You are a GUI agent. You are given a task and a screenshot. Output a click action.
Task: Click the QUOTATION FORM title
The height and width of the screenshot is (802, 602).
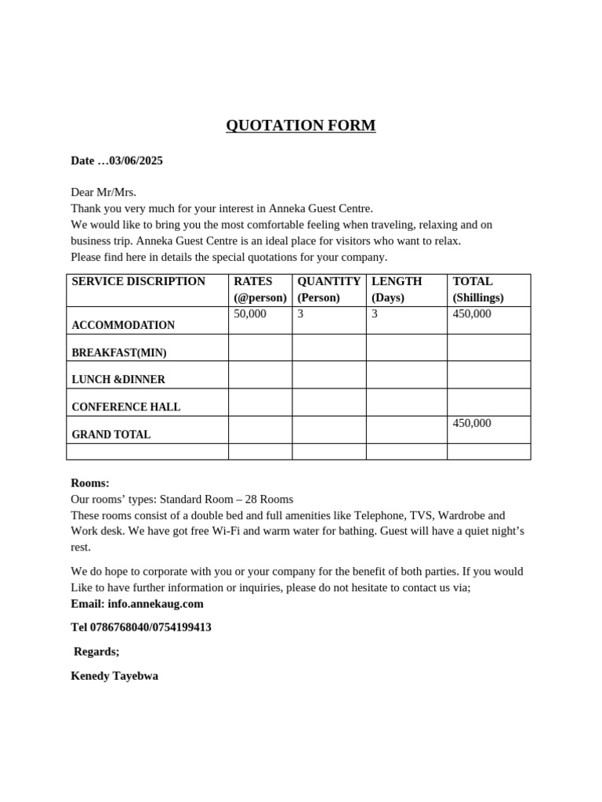click(x=300, y=125)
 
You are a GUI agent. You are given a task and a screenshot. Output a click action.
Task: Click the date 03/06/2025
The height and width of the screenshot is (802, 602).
click(x=136, y=161)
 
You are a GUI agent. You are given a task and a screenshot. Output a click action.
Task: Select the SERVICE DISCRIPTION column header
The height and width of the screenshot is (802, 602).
click(x=138, y=282)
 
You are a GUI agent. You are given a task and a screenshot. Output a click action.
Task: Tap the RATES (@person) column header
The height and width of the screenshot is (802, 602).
click(x=260, y=290)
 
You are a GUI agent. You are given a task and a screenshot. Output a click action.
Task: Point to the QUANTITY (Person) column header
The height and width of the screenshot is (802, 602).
click(x=328, y=290)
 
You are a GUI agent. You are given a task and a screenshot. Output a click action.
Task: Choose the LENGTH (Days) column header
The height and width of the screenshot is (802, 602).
click(x=397, y=290)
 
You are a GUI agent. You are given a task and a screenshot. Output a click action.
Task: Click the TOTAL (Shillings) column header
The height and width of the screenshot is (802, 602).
click(x=478, y=290)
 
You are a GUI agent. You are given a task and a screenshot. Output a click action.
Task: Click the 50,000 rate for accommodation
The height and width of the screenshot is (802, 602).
click(x=250, y=314)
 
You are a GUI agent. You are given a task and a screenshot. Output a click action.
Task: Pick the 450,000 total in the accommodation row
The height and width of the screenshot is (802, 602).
click(x=472, y=314)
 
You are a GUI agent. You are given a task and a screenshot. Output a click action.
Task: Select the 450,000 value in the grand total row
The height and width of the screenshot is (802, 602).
click(x=472, y=424)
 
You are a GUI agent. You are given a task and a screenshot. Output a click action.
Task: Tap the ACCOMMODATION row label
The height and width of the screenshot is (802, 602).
click(x=123, y=325)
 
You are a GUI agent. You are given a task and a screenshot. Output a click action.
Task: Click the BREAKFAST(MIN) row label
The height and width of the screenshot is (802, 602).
click(x=119, y=352)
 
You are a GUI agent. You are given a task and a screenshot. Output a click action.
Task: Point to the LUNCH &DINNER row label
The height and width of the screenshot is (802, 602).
click(x=118, y=380)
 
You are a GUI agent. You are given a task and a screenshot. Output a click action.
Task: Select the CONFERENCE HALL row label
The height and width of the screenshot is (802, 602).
click(x=126, y=407)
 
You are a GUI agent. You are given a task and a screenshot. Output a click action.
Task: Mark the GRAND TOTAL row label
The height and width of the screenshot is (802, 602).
click(x=111, y=435)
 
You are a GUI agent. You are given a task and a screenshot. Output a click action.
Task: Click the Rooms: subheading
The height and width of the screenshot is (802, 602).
click(x=90, y=483)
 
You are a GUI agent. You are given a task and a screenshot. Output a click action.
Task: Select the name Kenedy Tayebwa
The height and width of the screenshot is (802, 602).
click(x=114, y=676)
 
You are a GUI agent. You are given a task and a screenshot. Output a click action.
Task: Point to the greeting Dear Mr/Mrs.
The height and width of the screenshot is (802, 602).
click(x=103, y=192)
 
